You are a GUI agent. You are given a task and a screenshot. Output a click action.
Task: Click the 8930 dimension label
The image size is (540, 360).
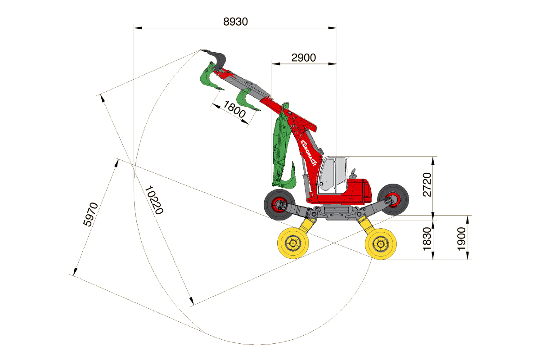[x=235, y=22]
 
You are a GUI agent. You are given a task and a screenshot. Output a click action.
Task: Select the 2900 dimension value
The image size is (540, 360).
[x=303, y=58]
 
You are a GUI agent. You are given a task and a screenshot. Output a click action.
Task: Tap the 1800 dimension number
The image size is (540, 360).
[x=234, y=109]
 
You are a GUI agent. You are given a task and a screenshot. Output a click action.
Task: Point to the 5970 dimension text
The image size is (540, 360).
[x=90, y=214]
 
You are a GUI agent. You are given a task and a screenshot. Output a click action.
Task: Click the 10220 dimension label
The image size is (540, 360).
[x=154, y=200]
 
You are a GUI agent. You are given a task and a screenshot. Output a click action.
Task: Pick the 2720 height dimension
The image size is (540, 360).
[x=427, y=184]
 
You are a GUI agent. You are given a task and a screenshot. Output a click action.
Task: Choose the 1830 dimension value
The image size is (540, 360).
[x=427, y=238]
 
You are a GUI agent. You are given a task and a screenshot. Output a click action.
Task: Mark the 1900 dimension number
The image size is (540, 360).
[x=461, y=238]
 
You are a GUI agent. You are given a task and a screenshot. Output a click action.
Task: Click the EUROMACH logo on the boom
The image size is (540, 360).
[x=308, y=153]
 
